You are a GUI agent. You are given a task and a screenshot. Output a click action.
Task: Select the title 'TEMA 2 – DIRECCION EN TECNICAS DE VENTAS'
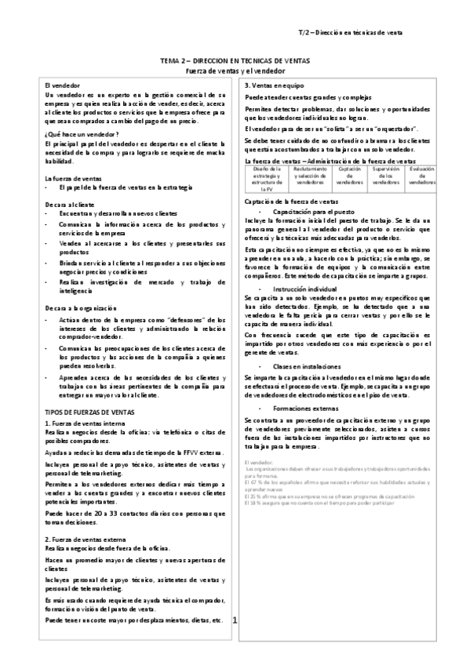235,60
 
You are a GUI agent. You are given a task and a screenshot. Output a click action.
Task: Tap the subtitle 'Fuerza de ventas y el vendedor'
235,71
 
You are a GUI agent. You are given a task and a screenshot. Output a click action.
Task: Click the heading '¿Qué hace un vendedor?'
80,134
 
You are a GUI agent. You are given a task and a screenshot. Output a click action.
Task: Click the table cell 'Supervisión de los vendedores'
385,176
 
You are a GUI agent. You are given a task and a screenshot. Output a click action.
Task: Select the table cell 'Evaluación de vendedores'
421,173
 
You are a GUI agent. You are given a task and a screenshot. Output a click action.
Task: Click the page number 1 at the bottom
235,620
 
